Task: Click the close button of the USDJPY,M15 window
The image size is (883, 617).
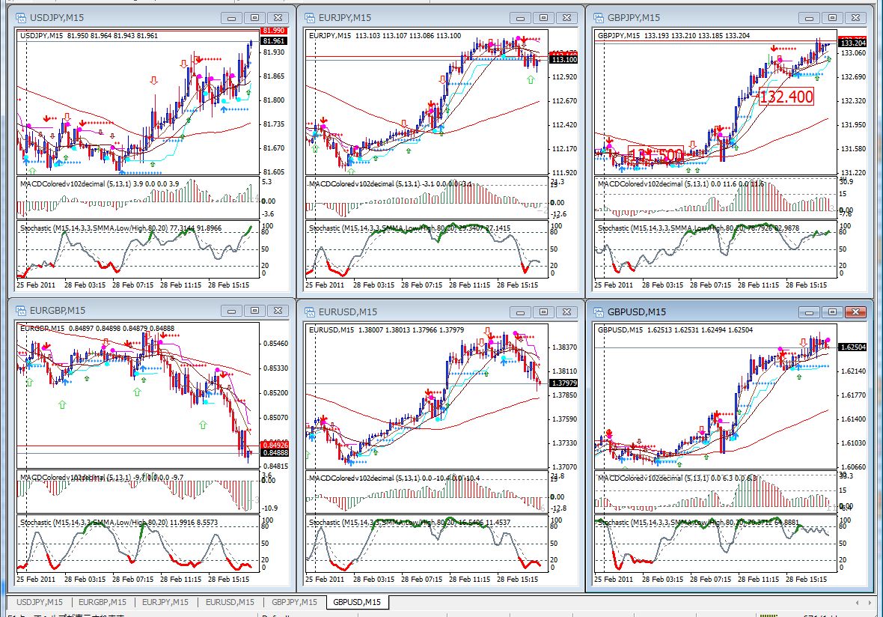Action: (x=278, y=17)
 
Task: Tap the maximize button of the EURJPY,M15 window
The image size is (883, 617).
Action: (x=544, y=17)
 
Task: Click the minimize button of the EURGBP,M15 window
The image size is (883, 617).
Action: (x=232, y=311)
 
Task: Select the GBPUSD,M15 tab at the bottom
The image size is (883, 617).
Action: (x=357, y=602)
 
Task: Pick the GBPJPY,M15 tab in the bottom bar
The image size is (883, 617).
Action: (x=294, y=602)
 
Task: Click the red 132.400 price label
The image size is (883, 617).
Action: (x=785, y=96)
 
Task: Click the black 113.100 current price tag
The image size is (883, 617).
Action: (x=563, y=59)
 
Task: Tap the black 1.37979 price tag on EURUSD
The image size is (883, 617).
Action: (x=563, y=383)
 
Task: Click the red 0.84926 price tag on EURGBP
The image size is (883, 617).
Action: (x=273, y=445)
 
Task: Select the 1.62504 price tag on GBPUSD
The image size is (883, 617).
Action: (x=854, y=347)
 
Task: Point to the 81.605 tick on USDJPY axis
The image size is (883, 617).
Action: (x=274, y=172)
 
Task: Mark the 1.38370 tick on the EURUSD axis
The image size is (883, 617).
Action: (x=563, y=347)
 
